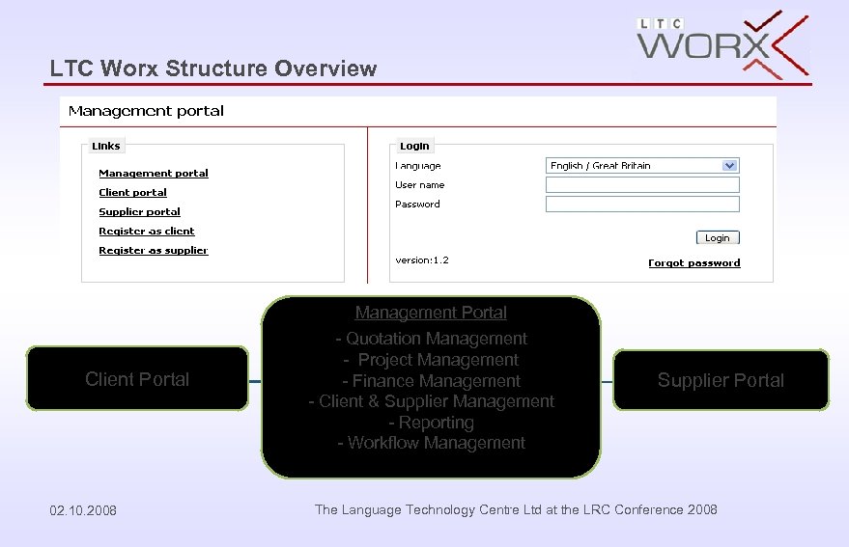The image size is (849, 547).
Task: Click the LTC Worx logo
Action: coord(722,45)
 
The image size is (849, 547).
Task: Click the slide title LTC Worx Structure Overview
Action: coord(213,68)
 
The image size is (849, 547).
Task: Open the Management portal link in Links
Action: coord(154,174)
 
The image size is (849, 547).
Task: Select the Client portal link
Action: coord(132,193)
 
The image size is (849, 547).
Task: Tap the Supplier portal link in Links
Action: coord(139,212)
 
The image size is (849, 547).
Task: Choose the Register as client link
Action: coord(147,232)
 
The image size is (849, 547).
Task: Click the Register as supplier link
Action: coord(154,251)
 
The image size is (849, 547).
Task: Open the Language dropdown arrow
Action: coord(730,166)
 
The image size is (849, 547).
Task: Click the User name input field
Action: coord(642,185)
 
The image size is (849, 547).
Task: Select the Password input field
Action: coord(642,205)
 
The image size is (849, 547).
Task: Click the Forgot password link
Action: coord(694,263)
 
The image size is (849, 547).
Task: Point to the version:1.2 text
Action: coord(422,260)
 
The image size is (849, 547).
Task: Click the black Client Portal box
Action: coord(137,379)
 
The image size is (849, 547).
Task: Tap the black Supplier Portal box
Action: coord(721,380)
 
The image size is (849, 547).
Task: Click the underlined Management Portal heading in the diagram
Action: coord(431,313)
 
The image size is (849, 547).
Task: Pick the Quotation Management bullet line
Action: coord(431,339)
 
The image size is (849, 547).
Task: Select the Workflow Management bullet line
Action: coord(431,443)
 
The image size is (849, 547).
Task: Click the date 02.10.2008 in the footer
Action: coord(83,510)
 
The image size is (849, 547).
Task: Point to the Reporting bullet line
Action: coord(431,423)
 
